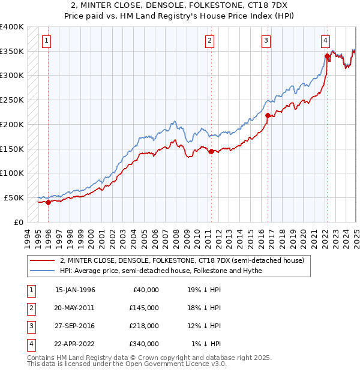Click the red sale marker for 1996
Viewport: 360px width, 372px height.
[48, 202]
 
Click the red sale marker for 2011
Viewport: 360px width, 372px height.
[211, 151]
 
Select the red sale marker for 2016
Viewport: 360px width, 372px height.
[268, 116]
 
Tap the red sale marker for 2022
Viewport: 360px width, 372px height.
[327, 56]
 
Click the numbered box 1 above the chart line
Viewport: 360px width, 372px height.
[46, 41]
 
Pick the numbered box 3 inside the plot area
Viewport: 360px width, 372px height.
[266, 41]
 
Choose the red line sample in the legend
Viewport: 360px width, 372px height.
[43, 261]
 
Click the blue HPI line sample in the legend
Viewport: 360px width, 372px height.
[43, 271]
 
